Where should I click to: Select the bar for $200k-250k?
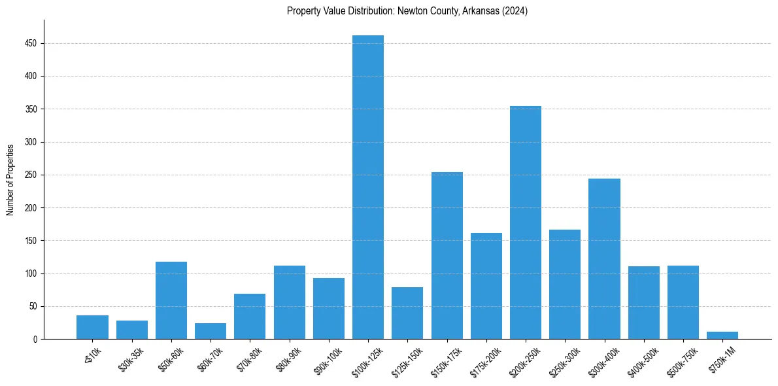[526, 222]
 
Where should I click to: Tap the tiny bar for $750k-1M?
[722, 336]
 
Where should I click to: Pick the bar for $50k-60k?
[171, 300]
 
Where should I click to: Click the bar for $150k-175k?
[447, 255]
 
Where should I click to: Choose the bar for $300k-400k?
[604, 258]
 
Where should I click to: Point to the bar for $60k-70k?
[211, 331]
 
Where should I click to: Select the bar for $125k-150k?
[407, 313]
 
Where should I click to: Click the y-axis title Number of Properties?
[10, 179]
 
